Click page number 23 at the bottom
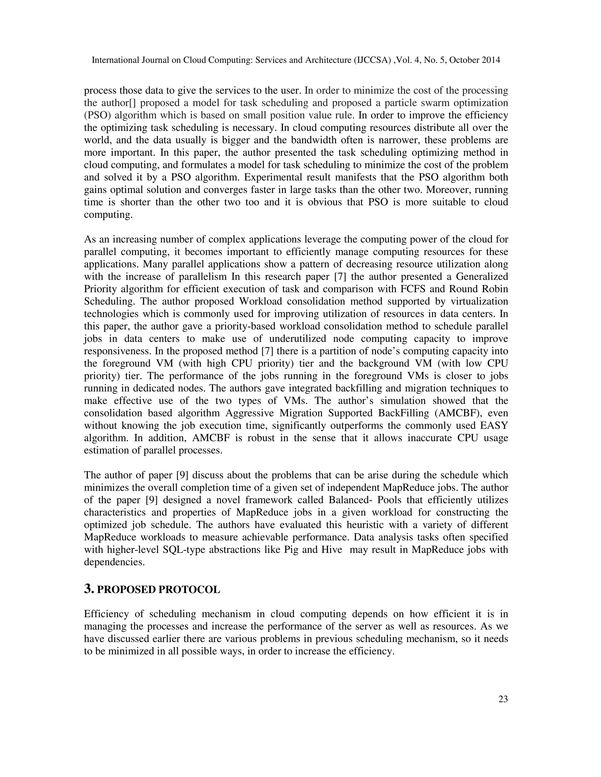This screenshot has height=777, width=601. (503, 699)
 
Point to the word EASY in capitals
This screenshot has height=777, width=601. (494, 426)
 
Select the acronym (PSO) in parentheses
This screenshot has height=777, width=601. (97, 116)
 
